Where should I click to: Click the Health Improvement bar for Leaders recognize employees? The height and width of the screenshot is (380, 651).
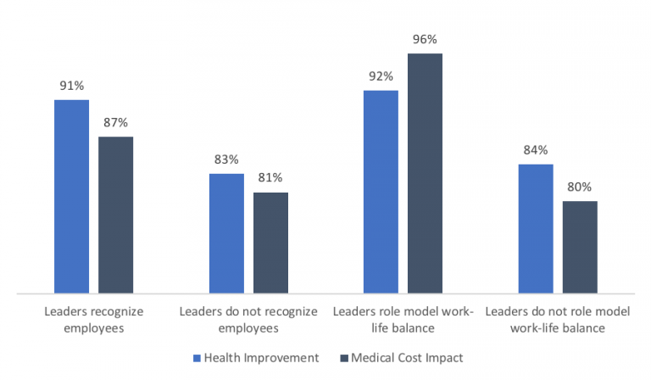click(71, 197)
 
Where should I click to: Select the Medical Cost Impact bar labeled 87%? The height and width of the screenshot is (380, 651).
click(115, 215)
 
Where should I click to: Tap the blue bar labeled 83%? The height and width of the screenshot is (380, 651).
click(226, 233)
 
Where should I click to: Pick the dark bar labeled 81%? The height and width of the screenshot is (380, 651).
click(270, 243)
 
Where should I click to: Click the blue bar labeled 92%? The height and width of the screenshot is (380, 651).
click(381, 192)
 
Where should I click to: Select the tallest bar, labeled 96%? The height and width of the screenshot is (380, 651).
click(425, 174)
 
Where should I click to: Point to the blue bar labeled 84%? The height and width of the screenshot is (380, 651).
click(535, 229)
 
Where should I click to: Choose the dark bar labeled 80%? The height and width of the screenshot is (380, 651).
click(580, 247)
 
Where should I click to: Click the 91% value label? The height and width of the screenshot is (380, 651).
click(71, 86)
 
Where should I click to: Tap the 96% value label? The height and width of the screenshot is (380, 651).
click(425, 39)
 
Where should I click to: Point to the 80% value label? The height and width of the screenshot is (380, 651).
click(580, 187)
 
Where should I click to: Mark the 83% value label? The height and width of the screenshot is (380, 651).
click(226, 159)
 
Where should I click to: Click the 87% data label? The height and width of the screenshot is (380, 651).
click(115, 122)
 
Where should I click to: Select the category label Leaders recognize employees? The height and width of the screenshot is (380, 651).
click(94, 320)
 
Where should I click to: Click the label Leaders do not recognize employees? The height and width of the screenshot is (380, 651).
click(248, 320)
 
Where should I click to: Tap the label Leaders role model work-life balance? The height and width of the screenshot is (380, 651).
click(403, 320)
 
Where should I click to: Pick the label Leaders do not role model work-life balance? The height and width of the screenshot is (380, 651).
click(558, 320)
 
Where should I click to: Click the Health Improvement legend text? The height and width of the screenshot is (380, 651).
click(261, 358)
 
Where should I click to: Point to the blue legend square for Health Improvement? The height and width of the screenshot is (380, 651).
click(198, 358)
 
